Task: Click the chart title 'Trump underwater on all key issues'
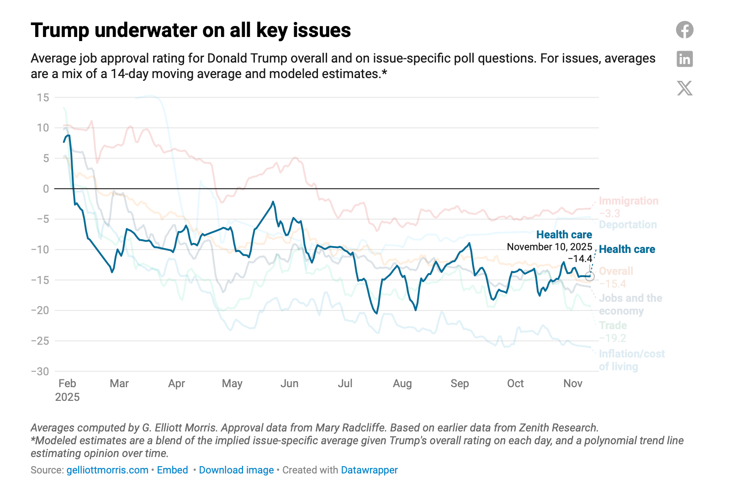(x=191, y=31)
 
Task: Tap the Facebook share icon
(x=684, y=30)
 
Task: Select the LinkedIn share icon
(x=684, y=59)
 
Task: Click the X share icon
(x=684, y=88)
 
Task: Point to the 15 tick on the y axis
(x=43, y=97)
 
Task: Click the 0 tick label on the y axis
(x=46, y=189)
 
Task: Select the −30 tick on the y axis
(x=40, y=371)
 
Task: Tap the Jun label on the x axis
(x=289, y=384)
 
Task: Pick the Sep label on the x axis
(x=460, y=384)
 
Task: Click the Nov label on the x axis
(x=572, y=384)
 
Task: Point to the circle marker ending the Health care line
(x=590, y=276)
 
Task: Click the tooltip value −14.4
(x=580, y=259)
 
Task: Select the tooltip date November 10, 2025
(x=549, y=247)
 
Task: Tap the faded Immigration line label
(x=628, y=201)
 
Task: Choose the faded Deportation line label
(x=628, y=225)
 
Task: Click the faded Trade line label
(x=613, y=326)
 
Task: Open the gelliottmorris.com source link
(x=107, y=470)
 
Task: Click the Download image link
(x=236, y=470)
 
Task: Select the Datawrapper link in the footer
(x=369, y=470)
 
